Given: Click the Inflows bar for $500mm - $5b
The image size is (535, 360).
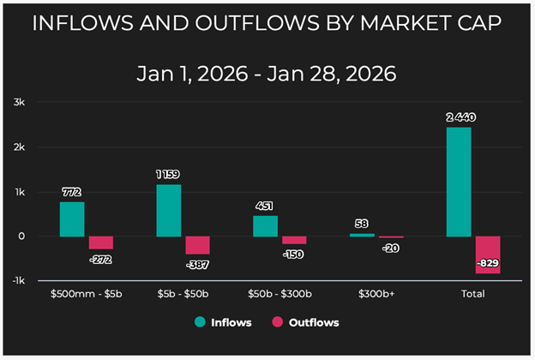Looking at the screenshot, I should click(x=72, y=219).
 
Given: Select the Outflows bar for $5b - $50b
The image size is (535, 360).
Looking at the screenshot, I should click(x=197, y=245).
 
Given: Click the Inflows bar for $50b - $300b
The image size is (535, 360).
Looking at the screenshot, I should click(x=265, y=225).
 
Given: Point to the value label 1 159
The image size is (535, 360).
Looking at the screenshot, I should click(x=168, y=175).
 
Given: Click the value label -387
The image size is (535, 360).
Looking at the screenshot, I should click(x=197, y=265).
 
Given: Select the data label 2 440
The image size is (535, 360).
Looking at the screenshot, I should click(x=459, y=117).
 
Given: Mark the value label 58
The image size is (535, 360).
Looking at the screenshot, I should click(x=362, y=224).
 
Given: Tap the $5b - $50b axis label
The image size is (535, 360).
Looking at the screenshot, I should click(x=183, y=293).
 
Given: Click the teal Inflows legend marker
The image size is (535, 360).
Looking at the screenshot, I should click(x=201, y=322).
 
